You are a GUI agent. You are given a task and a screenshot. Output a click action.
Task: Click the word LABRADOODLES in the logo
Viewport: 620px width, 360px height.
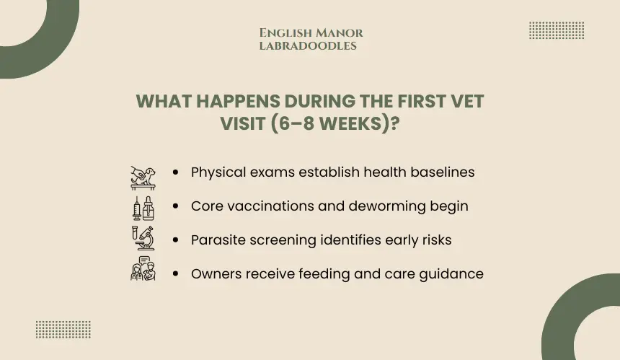[x=308, y=46]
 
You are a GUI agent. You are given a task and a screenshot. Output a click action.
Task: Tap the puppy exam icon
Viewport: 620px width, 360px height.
[x=143, y=178]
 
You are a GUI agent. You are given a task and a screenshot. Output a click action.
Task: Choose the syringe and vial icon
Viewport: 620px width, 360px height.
[x=143, y=208]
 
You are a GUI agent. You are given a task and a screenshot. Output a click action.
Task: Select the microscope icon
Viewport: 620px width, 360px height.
[x=143, y=238]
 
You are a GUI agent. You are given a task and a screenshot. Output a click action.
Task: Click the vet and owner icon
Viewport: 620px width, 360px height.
[x=143, y=268]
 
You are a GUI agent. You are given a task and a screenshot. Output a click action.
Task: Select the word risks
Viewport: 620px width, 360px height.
[x=437, y=240]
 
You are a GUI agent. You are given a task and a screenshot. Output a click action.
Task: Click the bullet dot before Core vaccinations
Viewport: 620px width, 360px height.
[x=176, y=206]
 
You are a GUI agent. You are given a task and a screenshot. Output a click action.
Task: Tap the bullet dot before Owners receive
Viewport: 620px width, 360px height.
[x=176, y=273]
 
